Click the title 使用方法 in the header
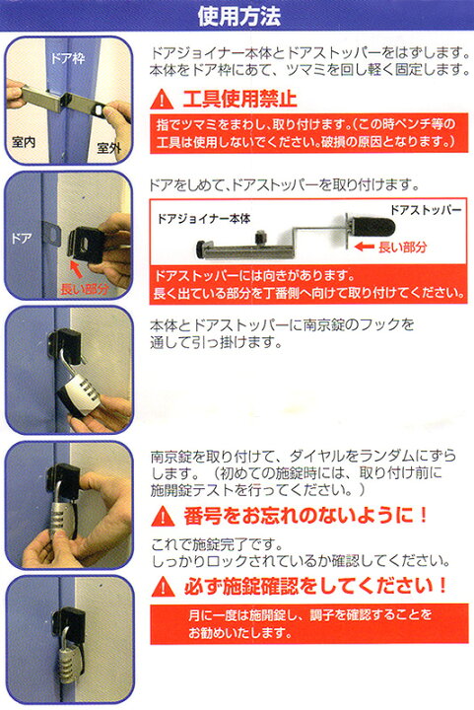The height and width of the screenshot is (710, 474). click(239, 17)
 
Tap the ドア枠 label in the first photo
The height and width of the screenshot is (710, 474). click(67, 58)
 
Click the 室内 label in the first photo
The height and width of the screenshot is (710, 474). click(24, 142)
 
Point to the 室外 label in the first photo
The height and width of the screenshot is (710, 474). click(109, 147)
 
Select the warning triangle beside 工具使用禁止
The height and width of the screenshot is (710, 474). click(162, 100)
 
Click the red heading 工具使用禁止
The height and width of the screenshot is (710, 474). click(239, 99)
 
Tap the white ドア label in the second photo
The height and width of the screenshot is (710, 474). click(22, 238)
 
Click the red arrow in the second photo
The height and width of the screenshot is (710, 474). click(76, 269)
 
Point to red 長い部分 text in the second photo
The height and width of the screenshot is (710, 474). click(85, 288)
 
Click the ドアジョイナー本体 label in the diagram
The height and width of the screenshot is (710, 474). click(204, 219)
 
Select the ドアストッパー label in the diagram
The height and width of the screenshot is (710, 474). click(426, 210)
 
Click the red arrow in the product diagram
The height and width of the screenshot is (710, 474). click(364, 247)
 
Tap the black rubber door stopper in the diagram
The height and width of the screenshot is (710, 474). click(372, 228)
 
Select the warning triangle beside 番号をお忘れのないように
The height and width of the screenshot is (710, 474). click(163, 516)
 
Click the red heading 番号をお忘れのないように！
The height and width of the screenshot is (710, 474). click(305, 516)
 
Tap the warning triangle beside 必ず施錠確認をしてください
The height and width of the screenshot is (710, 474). click(163, 587)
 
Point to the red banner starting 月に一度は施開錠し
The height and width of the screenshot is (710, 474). click(309, 623)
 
